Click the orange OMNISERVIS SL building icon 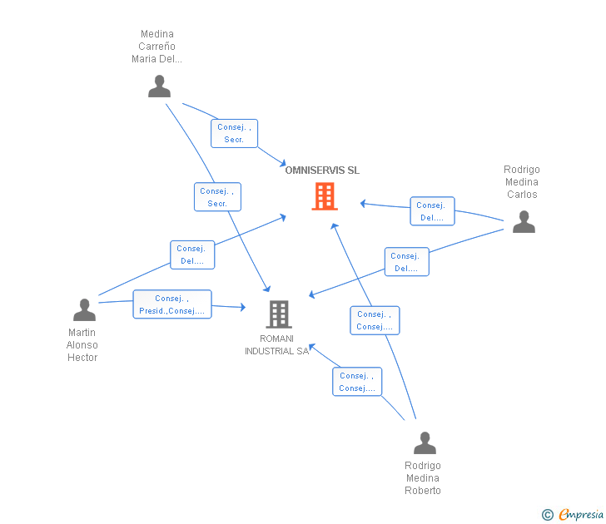click(x=324, y=196)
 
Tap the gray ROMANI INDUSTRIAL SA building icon click(x=278, y=314)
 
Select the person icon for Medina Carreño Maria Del click(x=159, y=86)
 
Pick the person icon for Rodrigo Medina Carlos click(x=523, y=221)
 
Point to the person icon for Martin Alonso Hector click(x=84, y=309)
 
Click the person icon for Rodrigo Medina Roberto click(x=425, y=442)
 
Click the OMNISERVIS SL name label click(x=322, y=171)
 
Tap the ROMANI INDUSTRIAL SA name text click(x=276, y=345)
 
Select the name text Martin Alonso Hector click(x=82, y=345)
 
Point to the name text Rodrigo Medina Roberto click(x=423, y=478)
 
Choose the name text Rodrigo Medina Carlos click(x=522, y=182)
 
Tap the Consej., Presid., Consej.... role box click(x=172, y=304)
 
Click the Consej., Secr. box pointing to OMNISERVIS click(x=234, y=133)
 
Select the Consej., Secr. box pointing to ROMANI click(x=217, y=197)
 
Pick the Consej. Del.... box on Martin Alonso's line click(x=192, y=255)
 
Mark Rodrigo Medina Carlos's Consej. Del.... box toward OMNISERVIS click(x=432, y=211)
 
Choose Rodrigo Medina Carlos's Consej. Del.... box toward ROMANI click(x=406, y=262)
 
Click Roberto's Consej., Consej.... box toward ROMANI click(x=358, y=382)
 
